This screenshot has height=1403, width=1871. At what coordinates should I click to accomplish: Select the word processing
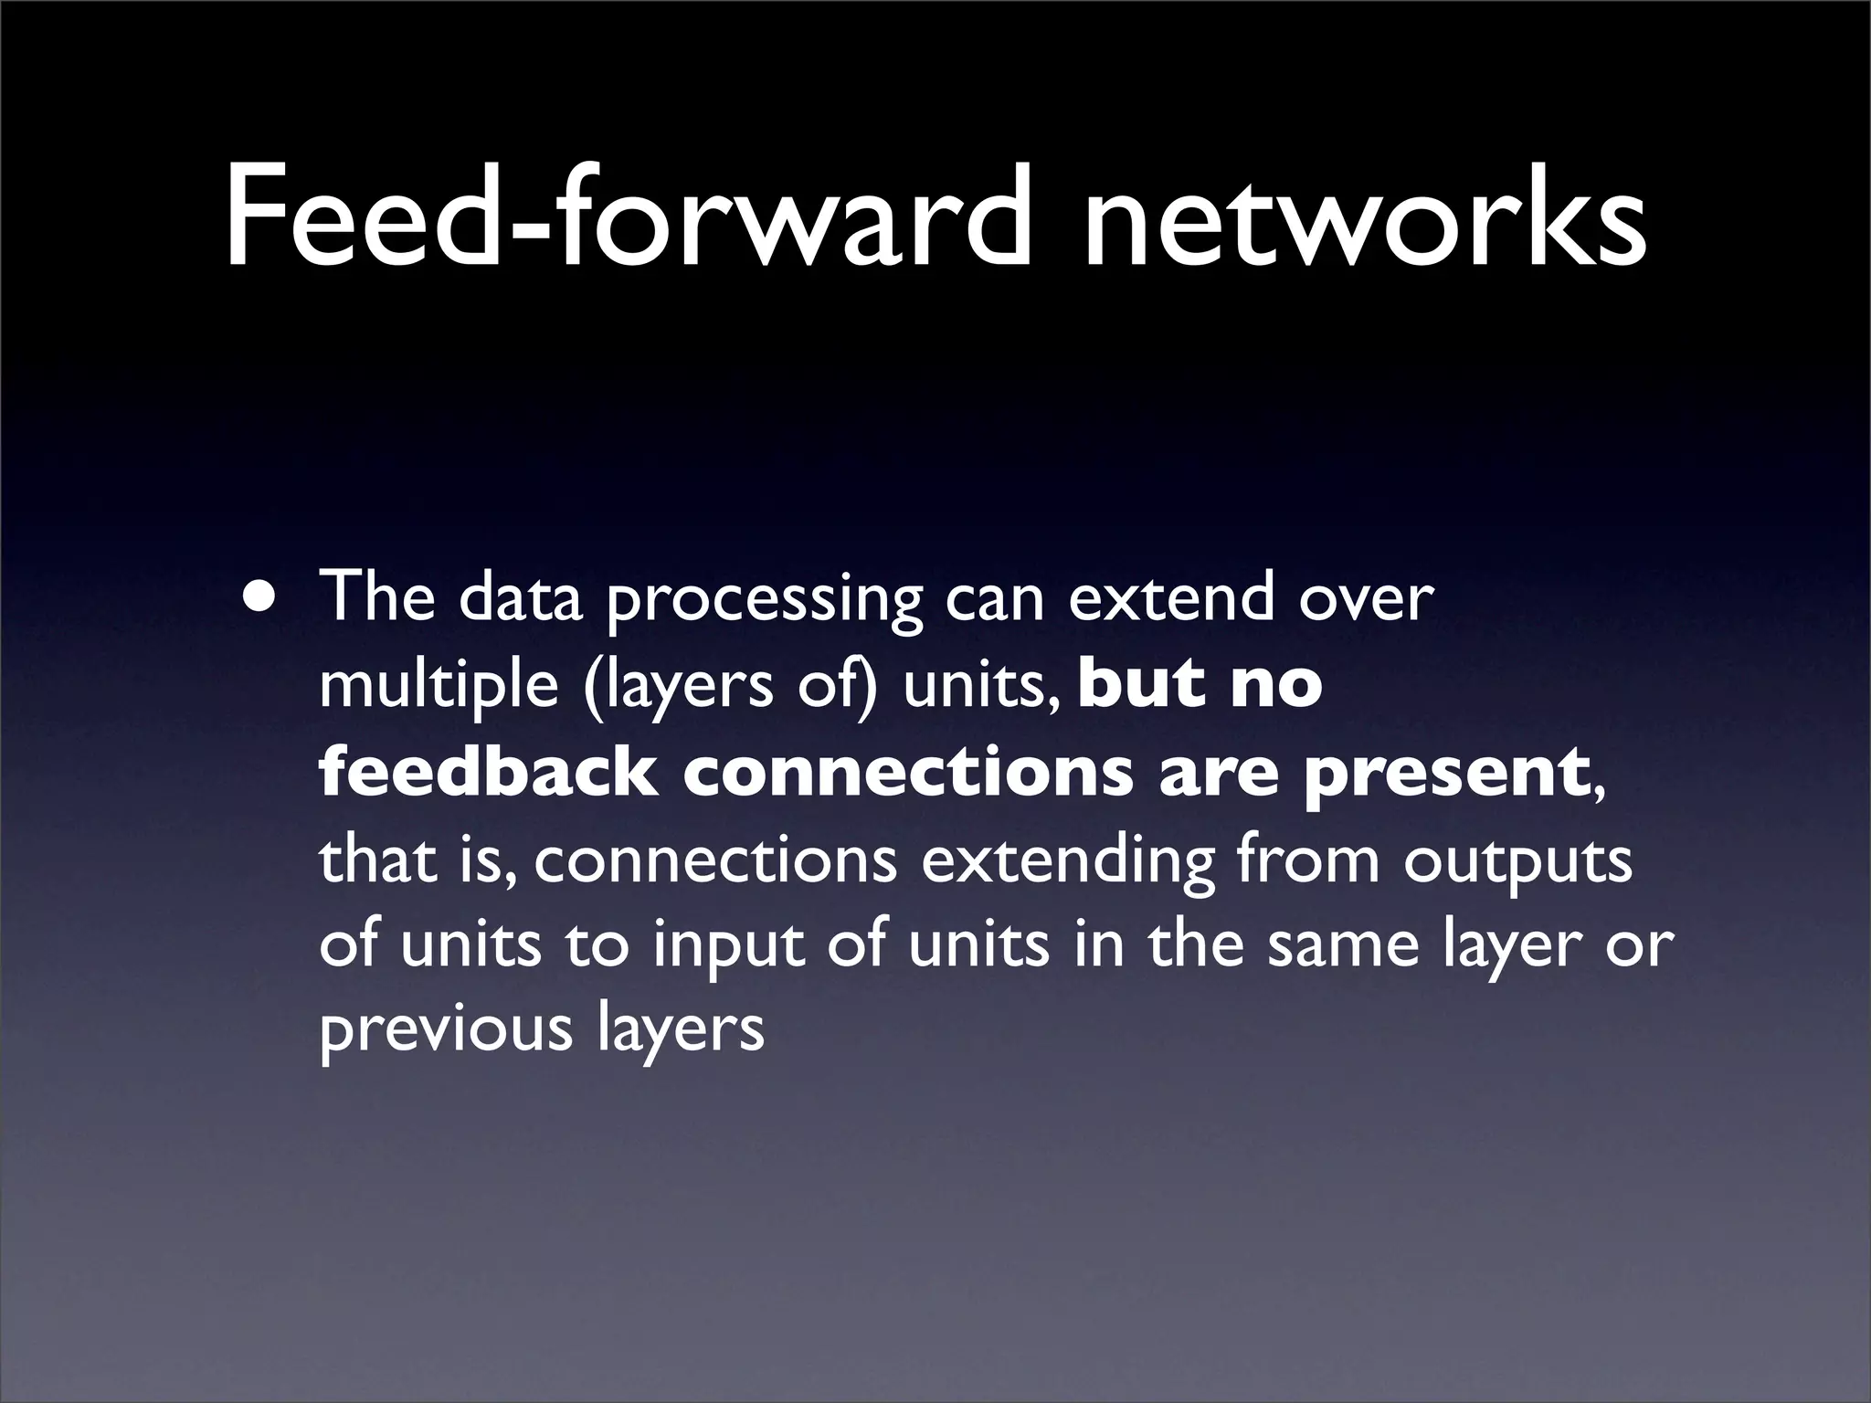(764, 603)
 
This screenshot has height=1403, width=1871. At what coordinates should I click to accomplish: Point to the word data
(520, 598)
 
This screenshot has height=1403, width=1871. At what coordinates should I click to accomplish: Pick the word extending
(1069, 863)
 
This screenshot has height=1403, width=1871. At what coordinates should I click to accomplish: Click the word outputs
(1517, 863)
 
